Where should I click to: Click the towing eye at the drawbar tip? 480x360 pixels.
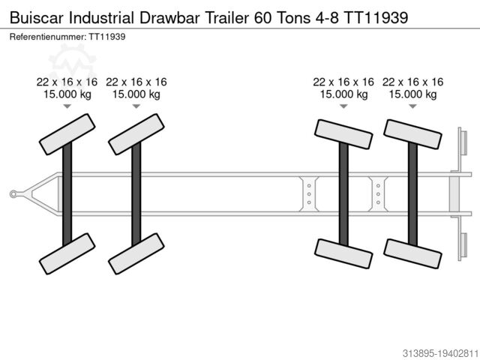point(13,194)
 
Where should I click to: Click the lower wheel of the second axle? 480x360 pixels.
point(136,253)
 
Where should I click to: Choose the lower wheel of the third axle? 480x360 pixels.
point(343,253)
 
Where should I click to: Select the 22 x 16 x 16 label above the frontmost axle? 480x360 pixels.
point(67,82)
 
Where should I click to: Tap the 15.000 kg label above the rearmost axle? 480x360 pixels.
point(412,94)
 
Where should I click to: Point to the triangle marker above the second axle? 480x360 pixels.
point(136,106)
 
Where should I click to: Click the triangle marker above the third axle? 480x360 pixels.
point(343,106)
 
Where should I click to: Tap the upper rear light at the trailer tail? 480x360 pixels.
point(463,142)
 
